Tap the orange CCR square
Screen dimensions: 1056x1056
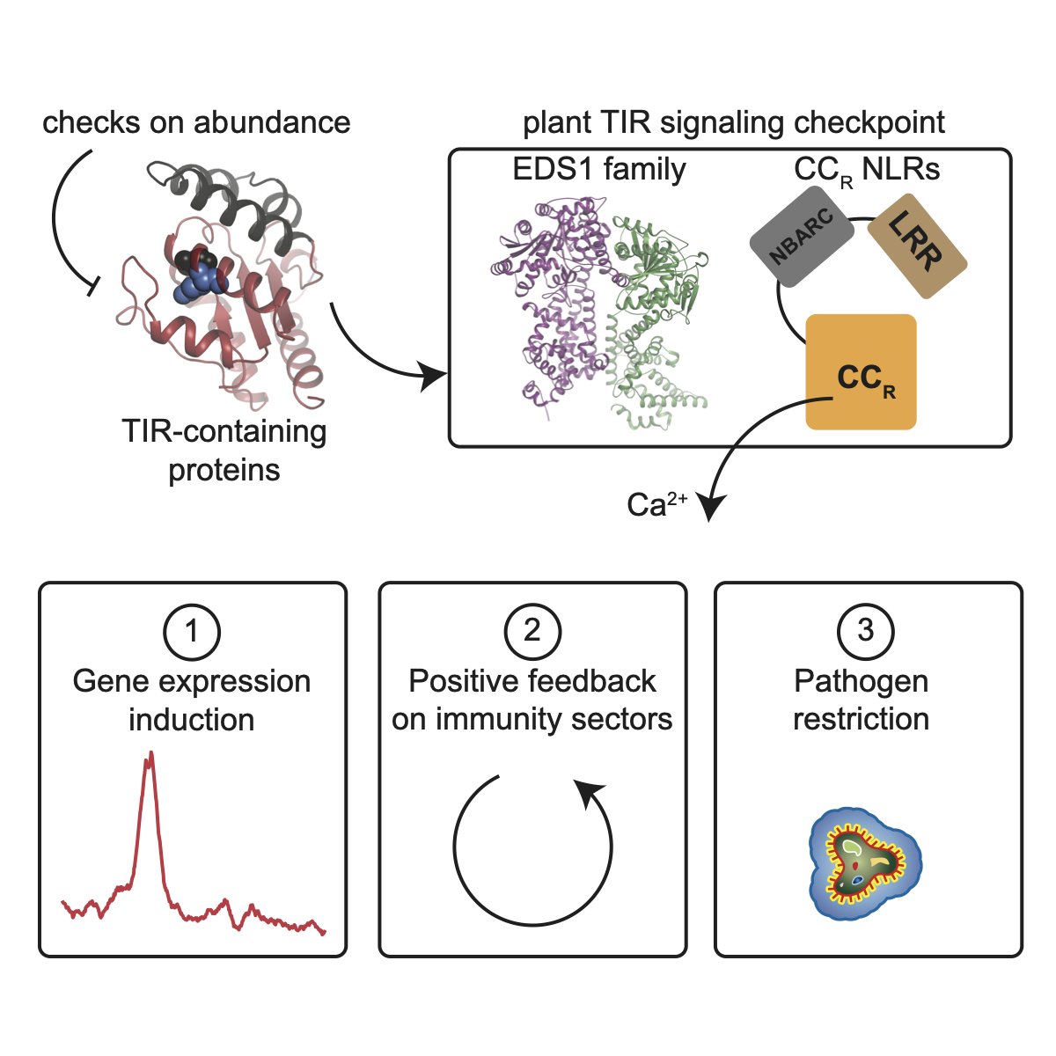(x=862, y=372)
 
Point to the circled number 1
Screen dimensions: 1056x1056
(x=191, y=631)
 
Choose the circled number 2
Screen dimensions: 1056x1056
(x=532, y=631)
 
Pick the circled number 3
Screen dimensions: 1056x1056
(x=866, y=631)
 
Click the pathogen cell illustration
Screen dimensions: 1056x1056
(x=862, y=863)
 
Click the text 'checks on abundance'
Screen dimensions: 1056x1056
(x=196, y=122)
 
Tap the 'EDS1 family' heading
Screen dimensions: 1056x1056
(x=599, y=168)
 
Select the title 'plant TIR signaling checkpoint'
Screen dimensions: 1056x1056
(x=734, y=122)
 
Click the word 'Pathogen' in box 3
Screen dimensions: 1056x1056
(x=861, y=680)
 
